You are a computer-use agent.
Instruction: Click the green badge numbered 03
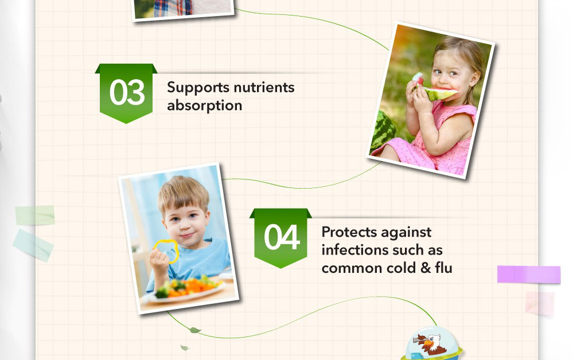[126, 93]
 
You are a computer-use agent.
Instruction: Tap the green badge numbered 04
[280, 238]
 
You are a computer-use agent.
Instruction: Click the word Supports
[198, 88]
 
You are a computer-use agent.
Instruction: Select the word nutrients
[264, 88]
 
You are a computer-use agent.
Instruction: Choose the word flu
[443, 268]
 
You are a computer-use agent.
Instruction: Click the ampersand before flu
[426, 268]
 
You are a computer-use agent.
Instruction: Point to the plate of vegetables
[185, 290]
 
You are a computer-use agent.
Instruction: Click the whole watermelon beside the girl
[383, 131]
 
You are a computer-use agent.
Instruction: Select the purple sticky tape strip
[529, 274]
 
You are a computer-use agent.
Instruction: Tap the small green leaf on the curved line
[195, 330]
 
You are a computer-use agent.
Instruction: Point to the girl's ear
[474, 78]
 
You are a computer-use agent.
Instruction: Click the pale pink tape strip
[540, 303]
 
